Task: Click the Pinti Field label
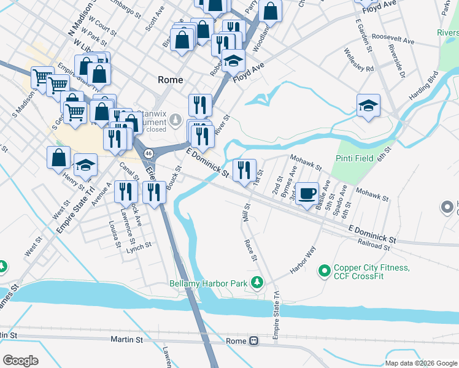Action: click(x=355, y=158)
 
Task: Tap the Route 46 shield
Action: click(x=148, y=152)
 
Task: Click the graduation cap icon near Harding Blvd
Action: click(x=368, y=105)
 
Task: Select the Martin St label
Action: click(x=126, y=339)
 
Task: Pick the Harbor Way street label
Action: click(x=303, y=260)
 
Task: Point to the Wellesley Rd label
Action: click(x=359, y=60)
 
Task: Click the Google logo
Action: click(x=21, y=361)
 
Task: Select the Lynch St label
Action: click(x=139, y=246)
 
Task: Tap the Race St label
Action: click(x=252, y=250)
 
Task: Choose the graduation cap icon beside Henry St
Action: click(x=86, y=164)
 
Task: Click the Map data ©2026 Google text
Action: click(x=420, y=363)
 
